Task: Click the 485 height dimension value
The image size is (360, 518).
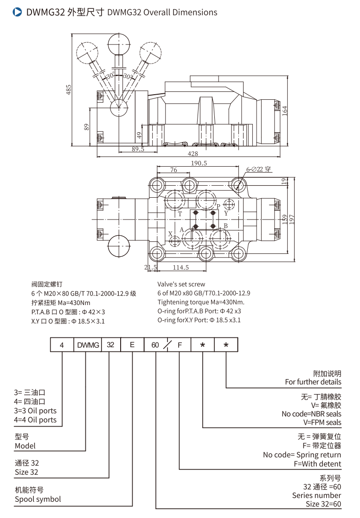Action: click(69, 90)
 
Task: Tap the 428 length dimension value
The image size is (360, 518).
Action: click(193, 154)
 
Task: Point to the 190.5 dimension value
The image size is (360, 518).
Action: click(199, 163)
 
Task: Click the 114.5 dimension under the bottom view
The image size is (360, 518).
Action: click(180, 267)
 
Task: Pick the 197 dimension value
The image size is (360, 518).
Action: click(292, 218)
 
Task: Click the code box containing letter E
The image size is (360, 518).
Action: click(132, 345)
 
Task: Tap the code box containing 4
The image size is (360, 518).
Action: click(62, 345)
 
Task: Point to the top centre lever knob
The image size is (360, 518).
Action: click(120, 45)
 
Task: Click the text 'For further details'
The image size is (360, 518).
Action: click(313, 382)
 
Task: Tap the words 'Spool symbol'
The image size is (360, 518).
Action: click(38, 499)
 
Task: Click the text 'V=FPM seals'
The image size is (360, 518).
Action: click(322, 422)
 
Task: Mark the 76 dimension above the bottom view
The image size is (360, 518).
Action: click(174, 170)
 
